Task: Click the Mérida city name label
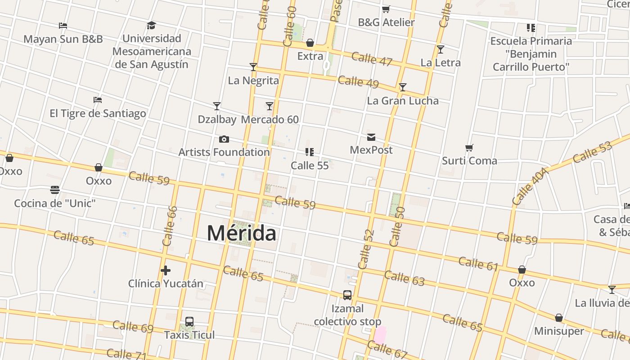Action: (x=242, y=233)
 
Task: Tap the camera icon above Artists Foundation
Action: (x=224, y=139)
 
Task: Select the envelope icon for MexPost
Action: (x=371, y=137)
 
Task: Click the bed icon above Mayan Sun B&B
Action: (x=63, y=26)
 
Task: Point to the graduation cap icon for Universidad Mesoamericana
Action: (x=151, y=25)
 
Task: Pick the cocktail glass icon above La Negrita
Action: (x=253, y=67)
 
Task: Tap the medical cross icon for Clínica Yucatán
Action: (x=166, y=270)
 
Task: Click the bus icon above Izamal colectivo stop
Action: (x=347, y=295)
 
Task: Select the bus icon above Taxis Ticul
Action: (x=189, y=322)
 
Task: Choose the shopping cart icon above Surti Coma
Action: (x=469, y=148)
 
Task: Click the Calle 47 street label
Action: (x=372, y=59)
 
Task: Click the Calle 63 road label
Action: (x=404, y=278)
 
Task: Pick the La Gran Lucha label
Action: (x=403, y=100)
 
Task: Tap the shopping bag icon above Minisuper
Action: (x=559, y=318)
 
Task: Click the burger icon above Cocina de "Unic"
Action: (x=55, y=190)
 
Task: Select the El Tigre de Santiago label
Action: (x=98, y=113)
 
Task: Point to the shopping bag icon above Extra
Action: (x=310, y=43)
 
